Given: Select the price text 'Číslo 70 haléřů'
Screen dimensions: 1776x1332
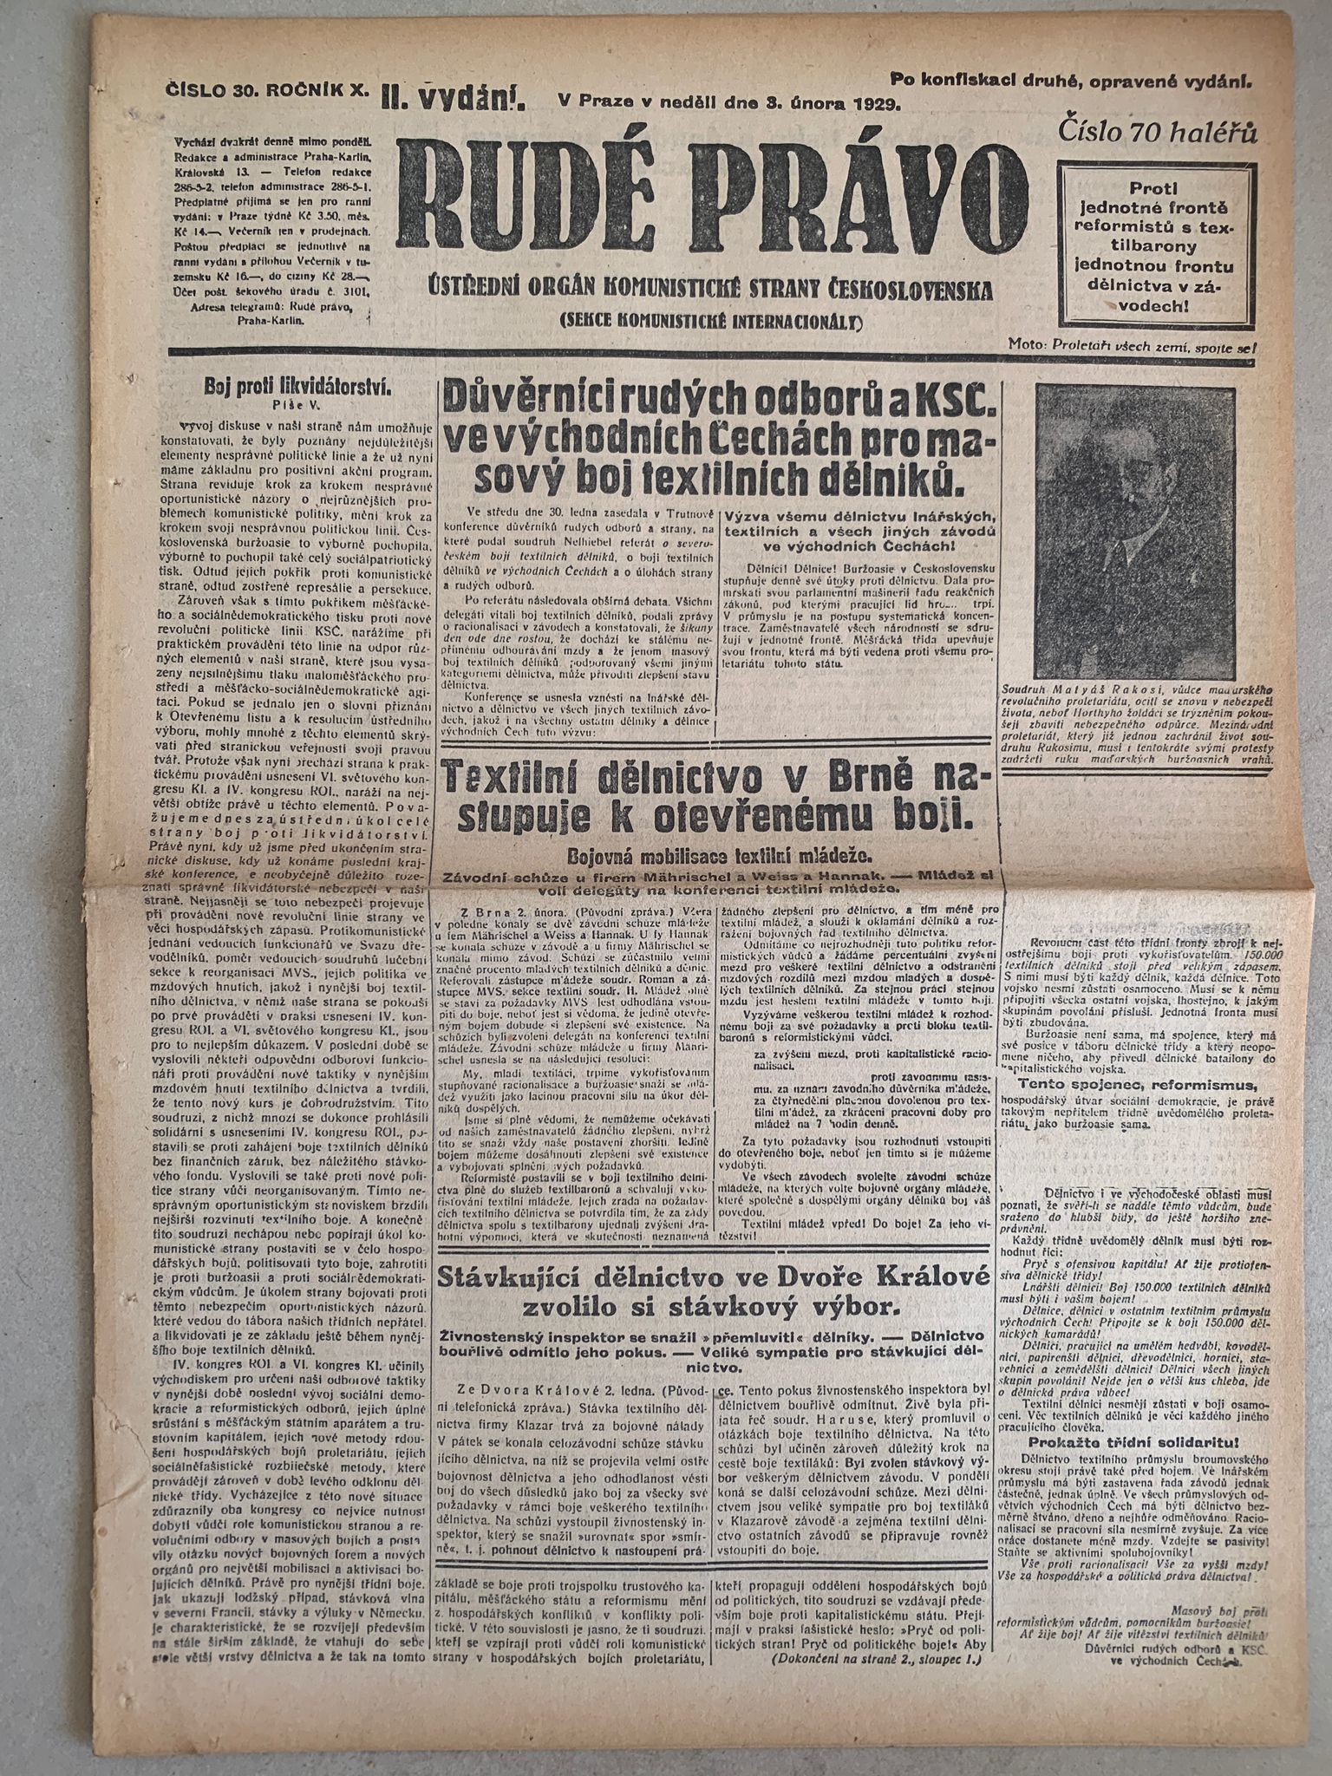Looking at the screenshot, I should (x=1157, y=131).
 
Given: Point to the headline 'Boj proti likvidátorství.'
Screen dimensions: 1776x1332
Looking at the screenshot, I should (x=297, y=387).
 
